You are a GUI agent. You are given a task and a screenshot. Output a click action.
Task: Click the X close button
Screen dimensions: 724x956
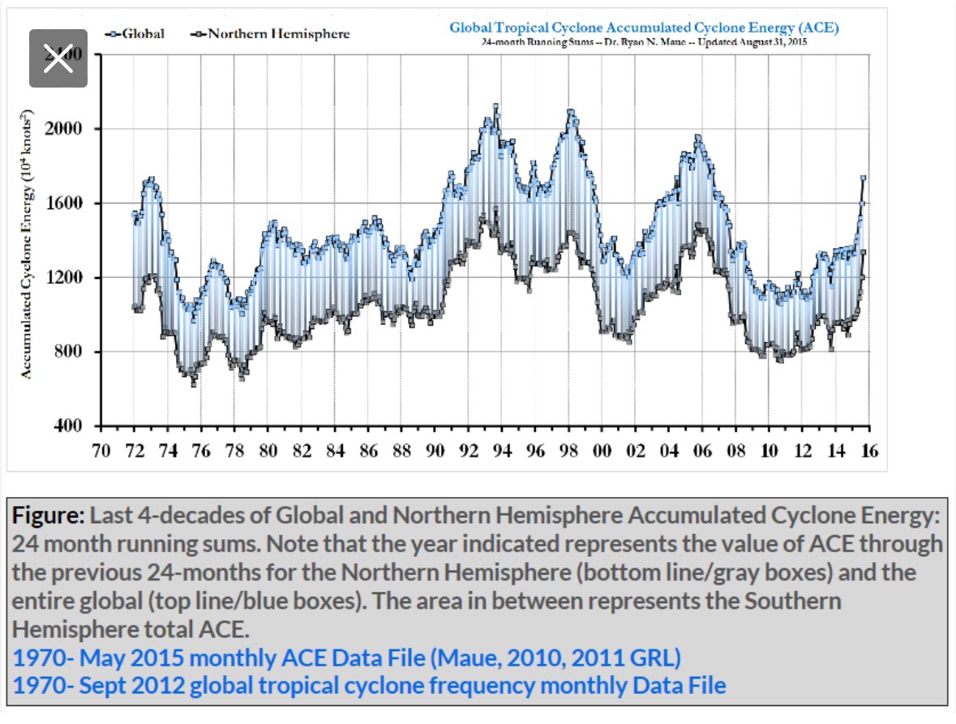(x=58, y=59)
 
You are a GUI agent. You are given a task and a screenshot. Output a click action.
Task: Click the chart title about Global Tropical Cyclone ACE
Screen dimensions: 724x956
(x=644, y=28)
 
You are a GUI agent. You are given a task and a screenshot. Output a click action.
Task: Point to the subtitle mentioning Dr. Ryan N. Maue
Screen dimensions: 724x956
(x=644, y=41)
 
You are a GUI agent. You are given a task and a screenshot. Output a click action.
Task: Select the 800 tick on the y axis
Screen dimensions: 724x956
(x=75, y=352)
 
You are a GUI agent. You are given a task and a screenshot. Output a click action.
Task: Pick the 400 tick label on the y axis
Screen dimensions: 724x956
(x=75, y=426)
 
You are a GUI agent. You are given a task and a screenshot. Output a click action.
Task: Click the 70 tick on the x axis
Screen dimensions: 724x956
(x=101, y=450)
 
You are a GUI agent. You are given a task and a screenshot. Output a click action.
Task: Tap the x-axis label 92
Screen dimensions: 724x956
(x=469, y=450)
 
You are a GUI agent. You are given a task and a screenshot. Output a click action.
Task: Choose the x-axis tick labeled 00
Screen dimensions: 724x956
(x=602, y=450)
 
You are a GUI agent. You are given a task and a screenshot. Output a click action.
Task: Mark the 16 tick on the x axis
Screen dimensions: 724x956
(x=870, y=450)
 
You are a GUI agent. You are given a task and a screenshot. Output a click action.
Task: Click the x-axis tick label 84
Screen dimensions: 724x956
(x=336, y=450)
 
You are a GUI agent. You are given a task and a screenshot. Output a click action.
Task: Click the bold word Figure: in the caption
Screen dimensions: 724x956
(x=47, y=516)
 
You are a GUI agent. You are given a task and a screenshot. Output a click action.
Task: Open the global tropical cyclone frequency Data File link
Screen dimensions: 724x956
(x=369, y=686)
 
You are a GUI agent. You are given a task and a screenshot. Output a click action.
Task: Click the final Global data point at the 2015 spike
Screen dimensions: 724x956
(x=864, y=178)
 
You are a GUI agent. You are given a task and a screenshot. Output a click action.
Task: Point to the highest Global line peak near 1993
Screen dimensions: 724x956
(x=495, y=106)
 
